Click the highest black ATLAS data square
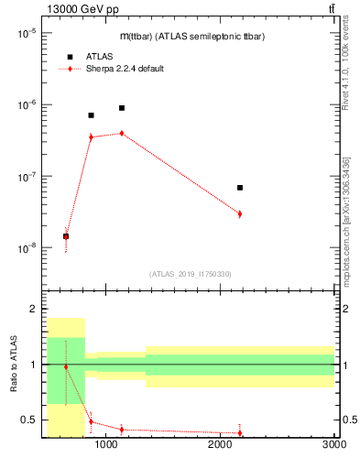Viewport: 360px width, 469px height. pyautogui.click(x=121, y=108)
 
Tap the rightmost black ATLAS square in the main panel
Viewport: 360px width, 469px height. pyautogui.click(x=240, y=188)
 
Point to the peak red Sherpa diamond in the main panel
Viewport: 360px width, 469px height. pyautogui.click(x=121, y=133)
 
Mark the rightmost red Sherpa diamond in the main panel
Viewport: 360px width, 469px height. pyautogui.click(x=240, y=213)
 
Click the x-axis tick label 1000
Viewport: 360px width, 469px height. pyautogui.click(x=106, y=445)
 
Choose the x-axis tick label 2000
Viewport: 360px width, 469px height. pyautogui.click(x=220, y=445)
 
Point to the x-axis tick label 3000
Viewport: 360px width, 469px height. pyautogui.click(x=333, y=445)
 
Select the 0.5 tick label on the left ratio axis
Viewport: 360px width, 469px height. pyautogui.click(x=30, y=420)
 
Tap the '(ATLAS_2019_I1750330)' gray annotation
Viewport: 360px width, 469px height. pyautogui.click(x=190, y=274)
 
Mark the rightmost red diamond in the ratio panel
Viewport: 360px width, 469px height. pyautogui.click(x=240, y=432)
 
